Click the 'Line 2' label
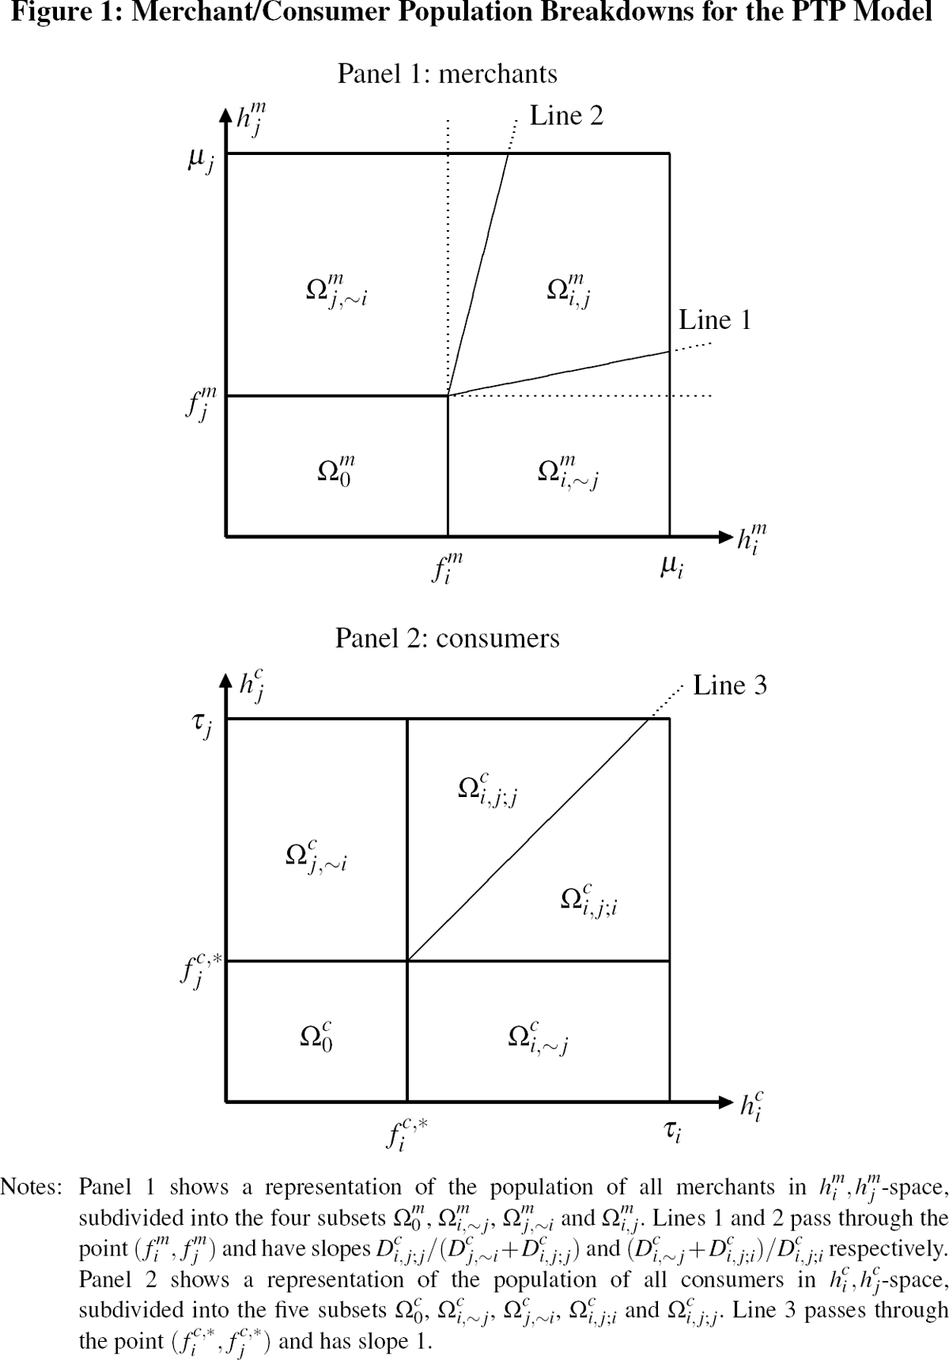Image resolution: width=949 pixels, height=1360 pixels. (565, 116)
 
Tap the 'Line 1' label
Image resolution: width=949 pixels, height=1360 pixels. (715, 320)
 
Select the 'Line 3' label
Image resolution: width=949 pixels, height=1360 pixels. (729, 686)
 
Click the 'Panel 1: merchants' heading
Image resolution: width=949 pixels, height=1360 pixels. (447, 74)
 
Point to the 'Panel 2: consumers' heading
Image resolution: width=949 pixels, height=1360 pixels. (447, 638)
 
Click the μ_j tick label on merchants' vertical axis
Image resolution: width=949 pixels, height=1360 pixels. (200, 161)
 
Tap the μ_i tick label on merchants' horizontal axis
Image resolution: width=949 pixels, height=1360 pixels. (671, 567)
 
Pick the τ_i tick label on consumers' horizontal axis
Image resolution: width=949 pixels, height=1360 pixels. (672, 1132)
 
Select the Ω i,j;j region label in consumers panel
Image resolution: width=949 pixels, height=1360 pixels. (488, 789)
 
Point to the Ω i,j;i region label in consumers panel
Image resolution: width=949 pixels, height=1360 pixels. (588, 899)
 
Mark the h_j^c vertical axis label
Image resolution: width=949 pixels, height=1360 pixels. (251, 686)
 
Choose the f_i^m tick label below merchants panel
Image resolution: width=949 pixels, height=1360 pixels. (447, 568)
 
